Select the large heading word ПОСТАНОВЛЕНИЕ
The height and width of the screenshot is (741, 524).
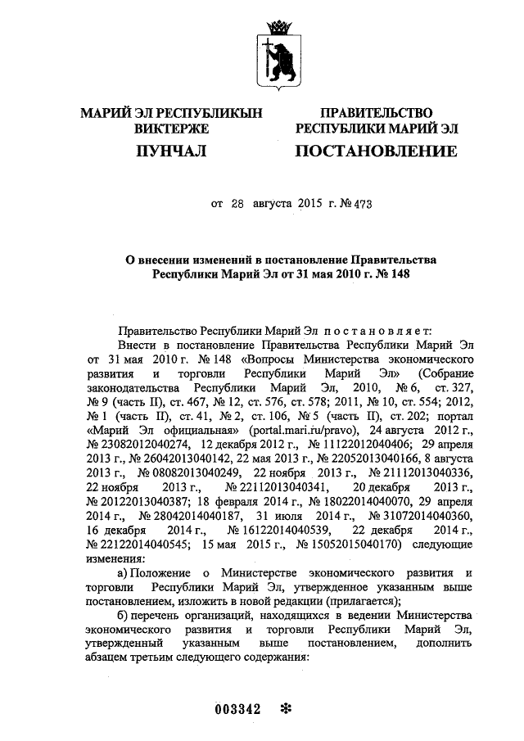pos(376,151)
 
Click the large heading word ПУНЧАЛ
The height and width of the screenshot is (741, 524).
pos(170,151)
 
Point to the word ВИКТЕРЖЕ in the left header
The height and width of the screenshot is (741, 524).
pos(171,128)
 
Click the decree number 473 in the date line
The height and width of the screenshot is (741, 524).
pos(360,204)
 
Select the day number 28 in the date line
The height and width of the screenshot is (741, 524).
pos(237,204)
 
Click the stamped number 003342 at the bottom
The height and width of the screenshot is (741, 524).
pos(237,709)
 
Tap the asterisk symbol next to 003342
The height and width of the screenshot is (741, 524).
pos(286,709)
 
